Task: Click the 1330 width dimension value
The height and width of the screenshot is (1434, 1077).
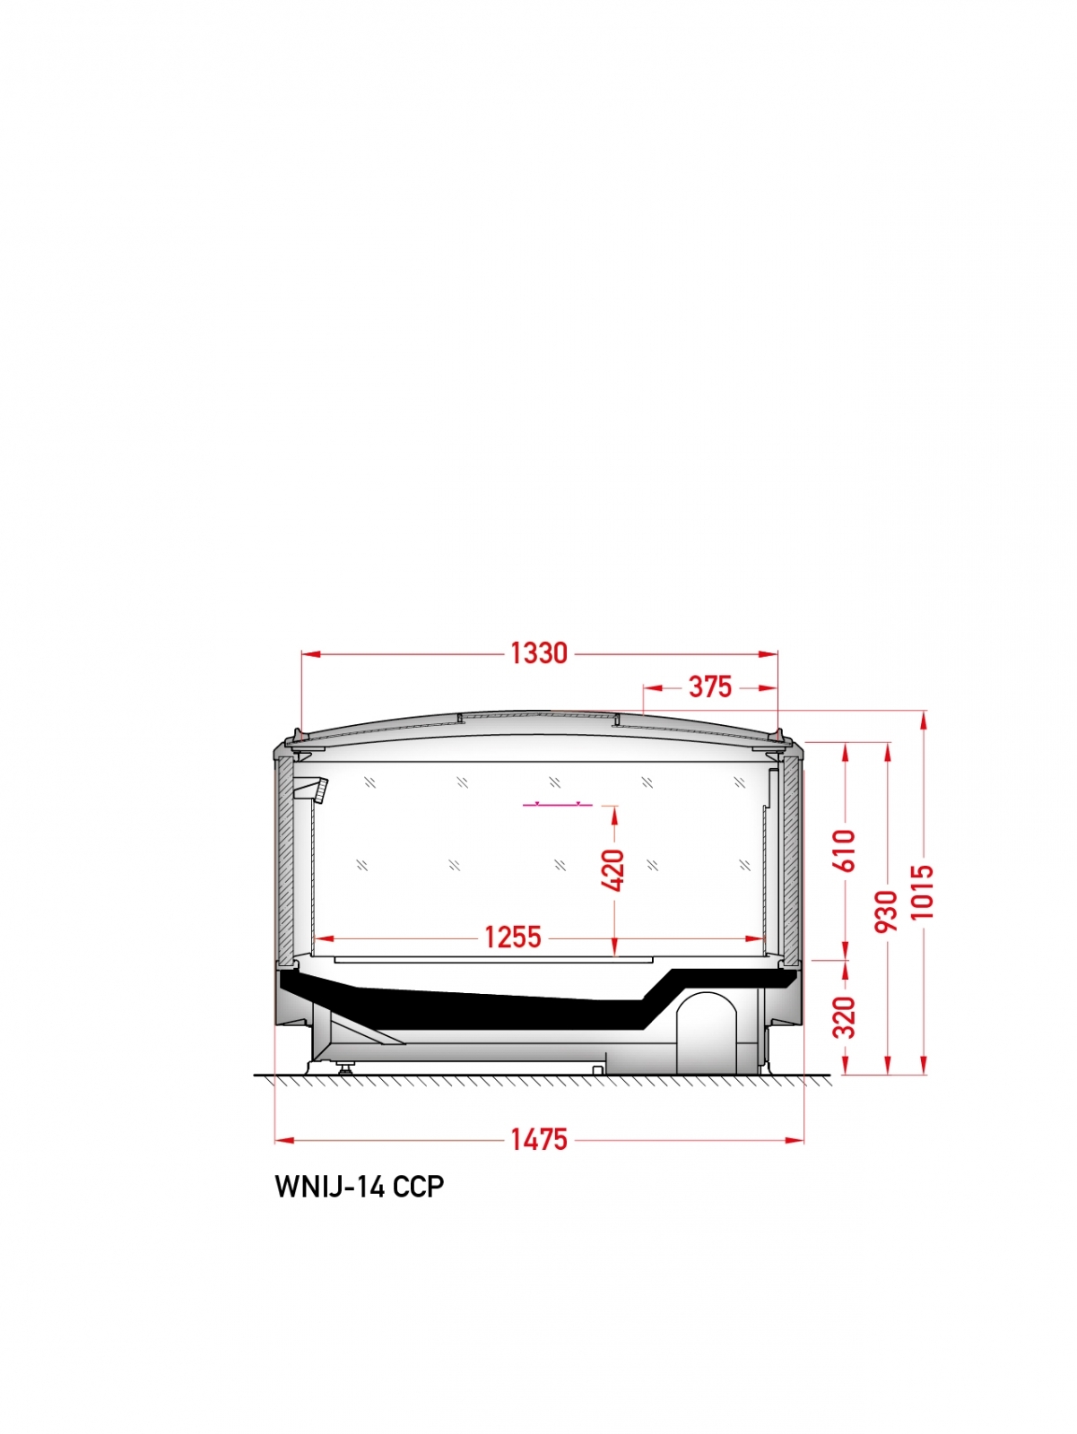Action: (x=538, y=653)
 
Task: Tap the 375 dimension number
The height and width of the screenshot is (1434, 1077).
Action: (x=710, y=687)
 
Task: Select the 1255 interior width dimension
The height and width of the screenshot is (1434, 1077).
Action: (x=513, y=937)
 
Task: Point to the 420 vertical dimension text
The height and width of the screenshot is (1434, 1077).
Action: (x=613, y=869)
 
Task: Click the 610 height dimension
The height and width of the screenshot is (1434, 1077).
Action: (x=845, y=850)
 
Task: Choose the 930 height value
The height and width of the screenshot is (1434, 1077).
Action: (x=887, y=911)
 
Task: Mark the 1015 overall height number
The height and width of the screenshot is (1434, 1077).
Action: (x=924, y=892)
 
